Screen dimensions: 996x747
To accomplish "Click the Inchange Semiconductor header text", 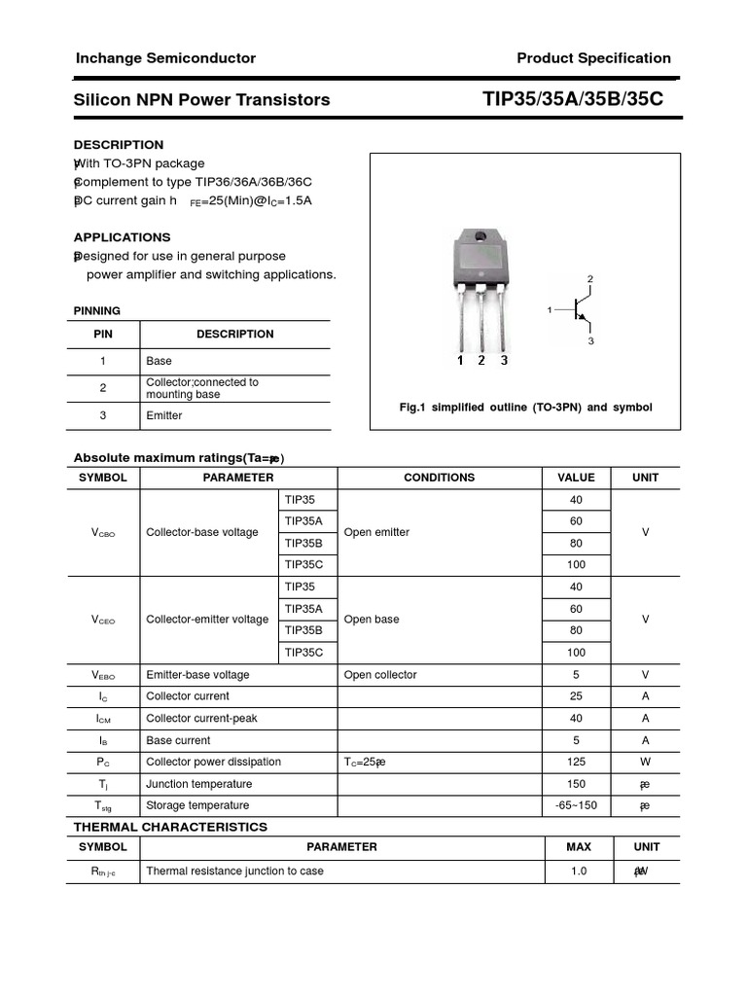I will pyautogui.click(x=165, y=58).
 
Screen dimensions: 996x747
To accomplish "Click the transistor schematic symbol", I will pyautogui.click(x=580, y=310).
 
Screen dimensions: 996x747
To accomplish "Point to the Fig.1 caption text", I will pyautogui.click(x=525, y=408).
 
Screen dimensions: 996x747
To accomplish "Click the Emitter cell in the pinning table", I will pyautogui.click(x=164, y=415).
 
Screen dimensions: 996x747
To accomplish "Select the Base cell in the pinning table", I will pyautogui.click(x=159, y=361).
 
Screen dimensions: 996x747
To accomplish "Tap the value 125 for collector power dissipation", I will pyautogui.click(x=576, y=762).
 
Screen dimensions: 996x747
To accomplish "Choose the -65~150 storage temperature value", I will pyautogui.click(x=576, y=805).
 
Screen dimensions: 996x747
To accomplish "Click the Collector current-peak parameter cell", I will pyautogui.click(x=201, y=718).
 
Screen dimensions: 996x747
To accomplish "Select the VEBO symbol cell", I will pyautogui.click(x=103, y=675).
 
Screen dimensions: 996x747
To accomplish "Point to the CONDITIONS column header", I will pyautogui.click(x=439, y=478).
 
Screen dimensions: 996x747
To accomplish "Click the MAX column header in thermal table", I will pyautogui.click(x=578, y=847).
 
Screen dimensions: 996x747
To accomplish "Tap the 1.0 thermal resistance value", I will pyautogui.click(x=579, y=871).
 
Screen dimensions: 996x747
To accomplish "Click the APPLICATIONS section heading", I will pyautogui.click(x=122, y=237).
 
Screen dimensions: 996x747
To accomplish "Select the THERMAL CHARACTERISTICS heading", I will pyautogui.click(x=170, y=827).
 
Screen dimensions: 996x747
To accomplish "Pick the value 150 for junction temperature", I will pyautogui.click(x=576, y=784).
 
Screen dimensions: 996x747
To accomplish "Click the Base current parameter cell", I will pyautogui.click(x=178, y=740).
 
